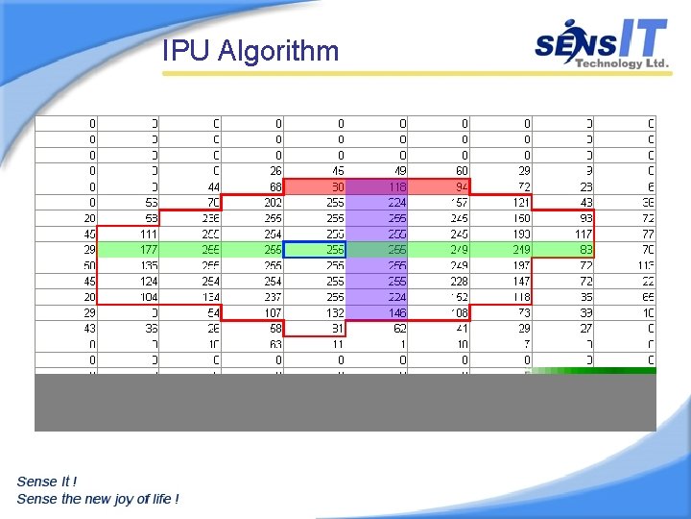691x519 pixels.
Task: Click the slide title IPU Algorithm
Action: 250,50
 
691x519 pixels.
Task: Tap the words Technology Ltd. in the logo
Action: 621,63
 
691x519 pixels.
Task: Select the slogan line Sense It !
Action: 47,481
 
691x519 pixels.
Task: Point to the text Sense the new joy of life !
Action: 98,498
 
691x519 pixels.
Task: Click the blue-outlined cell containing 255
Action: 316,250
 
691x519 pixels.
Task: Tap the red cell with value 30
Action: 316,186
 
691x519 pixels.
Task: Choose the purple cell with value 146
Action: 378,313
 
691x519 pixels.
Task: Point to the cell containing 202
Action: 253,202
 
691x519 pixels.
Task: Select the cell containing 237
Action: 253,297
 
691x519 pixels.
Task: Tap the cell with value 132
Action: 316,313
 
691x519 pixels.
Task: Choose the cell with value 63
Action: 253,345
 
